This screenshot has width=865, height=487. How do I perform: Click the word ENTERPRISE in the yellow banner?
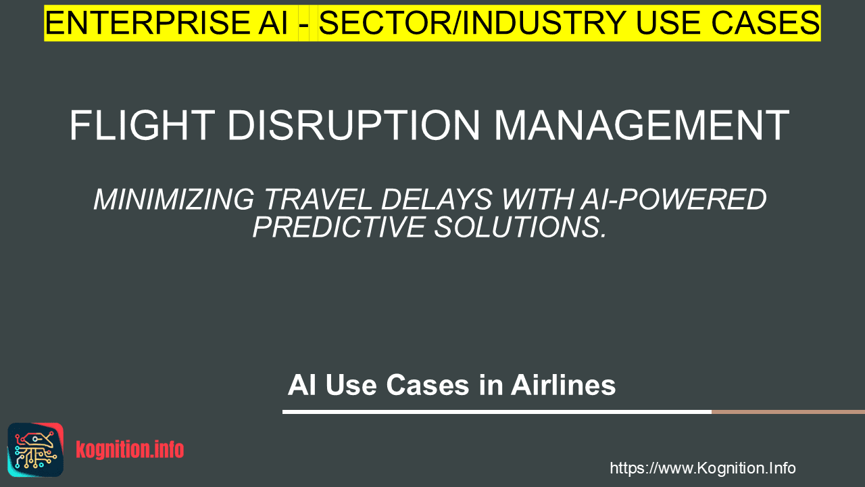click(147, 23)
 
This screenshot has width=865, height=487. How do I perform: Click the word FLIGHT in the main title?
click(142, 126)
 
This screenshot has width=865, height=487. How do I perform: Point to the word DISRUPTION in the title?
click(353, 126)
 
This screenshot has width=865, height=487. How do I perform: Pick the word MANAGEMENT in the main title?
click(642, 126)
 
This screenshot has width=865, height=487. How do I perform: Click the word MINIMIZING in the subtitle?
click(174, 200)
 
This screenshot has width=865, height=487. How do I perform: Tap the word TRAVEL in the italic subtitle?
click(318, 200)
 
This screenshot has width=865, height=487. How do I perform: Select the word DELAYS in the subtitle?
click(437, 200)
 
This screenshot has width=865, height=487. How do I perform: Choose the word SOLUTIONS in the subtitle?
click(520, 227)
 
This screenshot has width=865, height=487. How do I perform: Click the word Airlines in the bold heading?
click(564, 386)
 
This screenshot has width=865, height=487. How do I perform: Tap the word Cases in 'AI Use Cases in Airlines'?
click(428, 386)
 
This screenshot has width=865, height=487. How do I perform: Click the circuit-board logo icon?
click(36, 450)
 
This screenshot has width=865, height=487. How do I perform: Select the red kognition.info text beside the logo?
click(130, 450)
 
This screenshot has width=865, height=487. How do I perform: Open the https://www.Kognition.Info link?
click(703, 468)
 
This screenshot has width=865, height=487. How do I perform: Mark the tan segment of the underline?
click(788, 412)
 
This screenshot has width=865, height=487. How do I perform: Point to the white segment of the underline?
click(497, 412)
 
